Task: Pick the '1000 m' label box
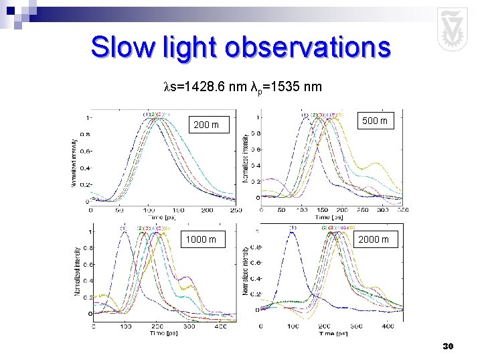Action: click(x=200, y=239)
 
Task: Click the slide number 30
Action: click(x=448, y=346)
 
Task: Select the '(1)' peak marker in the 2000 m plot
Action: click(x=293, y=228)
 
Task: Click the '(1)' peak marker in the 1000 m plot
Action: click(x=124, y=228)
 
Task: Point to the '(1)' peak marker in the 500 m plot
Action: click(x=305, y=115)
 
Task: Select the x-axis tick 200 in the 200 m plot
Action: click(x=207, y=210)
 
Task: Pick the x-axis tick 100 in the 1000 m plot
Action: click(x=125, y=326)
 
